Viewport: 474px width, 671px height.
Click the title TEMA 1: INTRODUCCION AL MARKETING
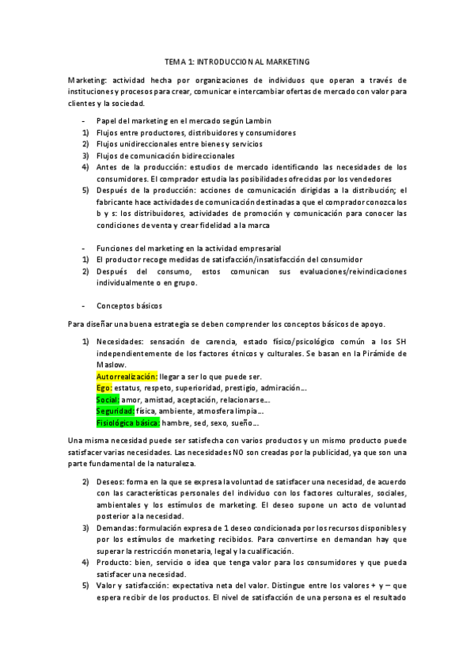237,61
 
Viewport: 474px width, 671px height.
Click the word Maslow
110,365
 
